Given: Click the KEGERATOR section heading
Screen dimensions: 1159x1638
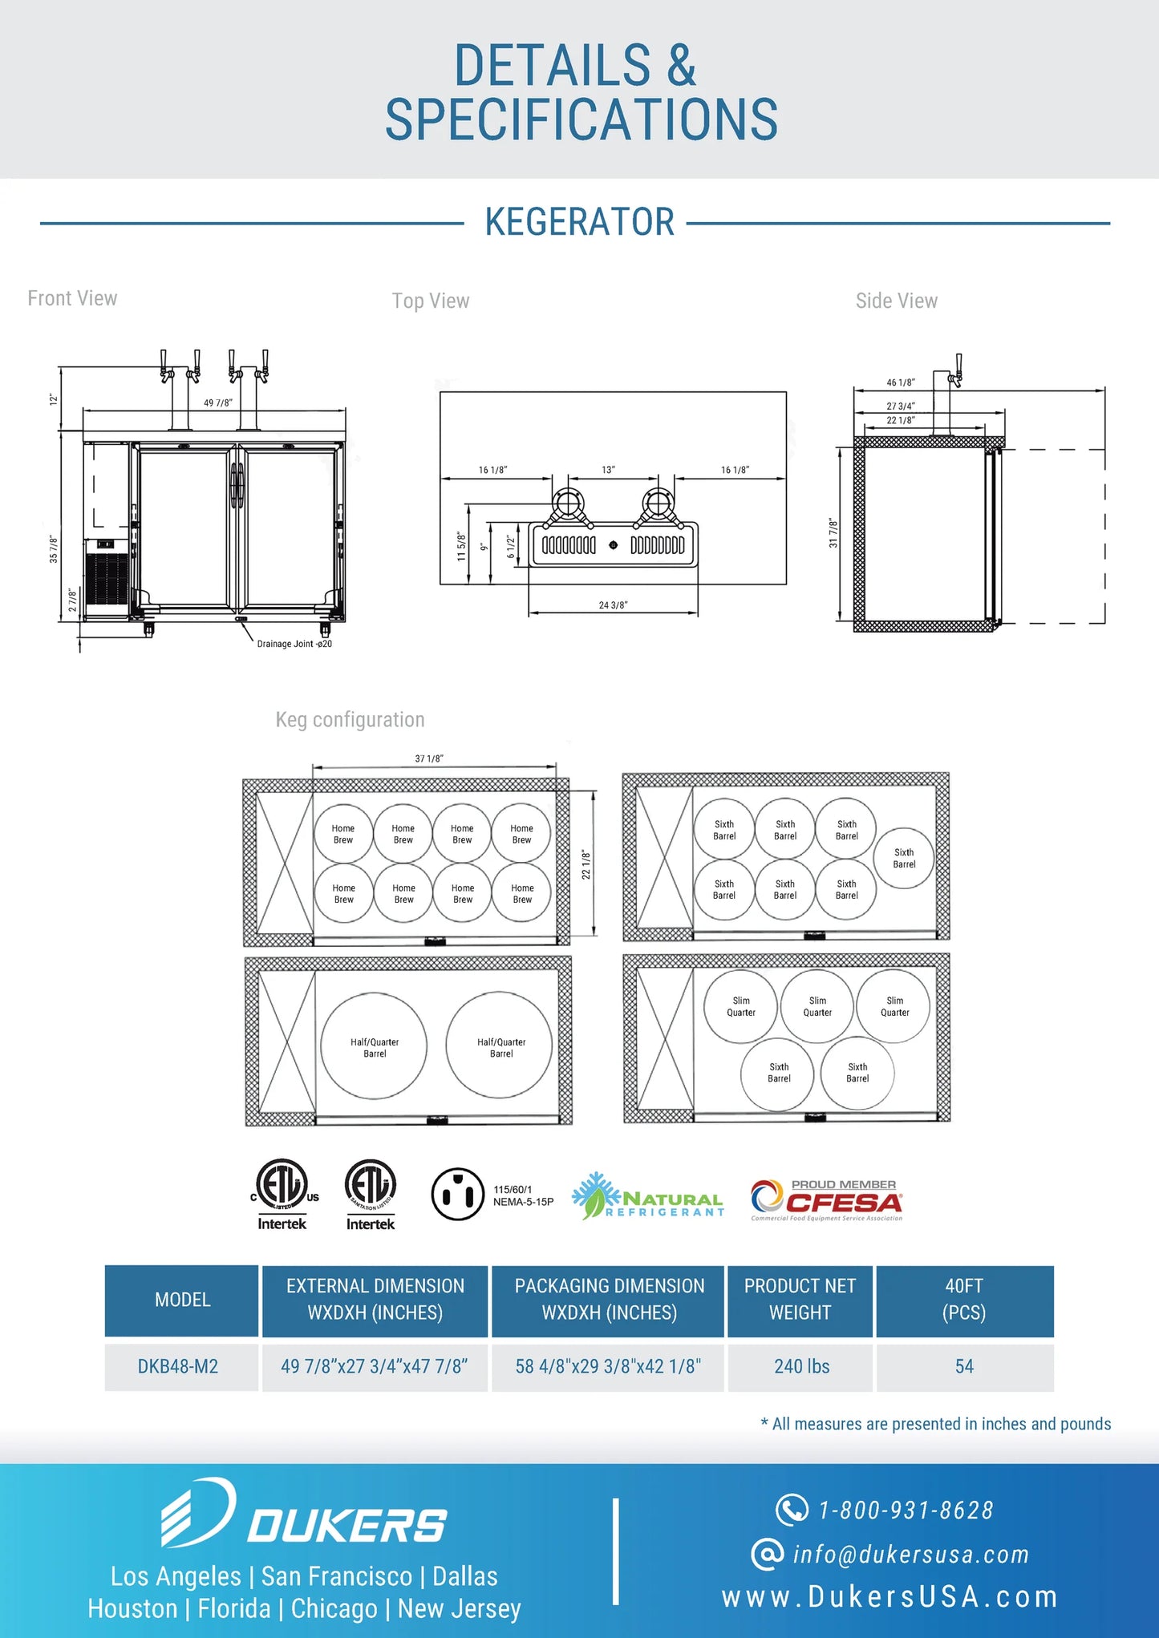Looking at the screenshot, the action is point(579,222).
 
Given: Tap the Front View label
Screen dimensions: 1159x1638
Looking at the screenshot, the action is point(72,298).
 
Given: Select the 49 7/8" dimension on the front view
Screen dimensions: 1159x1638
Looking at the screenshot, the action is point(218,402).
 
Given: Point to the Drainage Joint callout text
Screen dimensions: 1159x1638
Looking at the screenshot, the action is point(294,644).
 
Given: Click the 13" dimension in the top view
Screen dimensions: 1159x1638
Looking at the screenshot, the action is point(608,470).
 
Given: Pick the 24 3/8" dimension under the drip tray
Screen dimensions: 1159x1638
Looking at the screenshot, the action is point(613,605).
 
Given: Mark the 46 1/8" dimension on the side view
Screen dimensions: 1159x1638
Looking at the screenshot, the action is point(901,382).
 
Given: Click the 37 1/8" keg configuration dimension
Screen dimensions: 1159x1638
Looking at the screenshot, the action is point(429,758).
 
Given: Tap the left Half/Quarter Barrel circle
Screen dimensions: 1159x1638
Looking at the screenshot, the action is point(374,1045).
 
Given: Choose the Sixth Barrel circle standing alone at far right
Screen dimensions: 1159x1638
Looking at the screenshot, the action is point(904,858).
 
